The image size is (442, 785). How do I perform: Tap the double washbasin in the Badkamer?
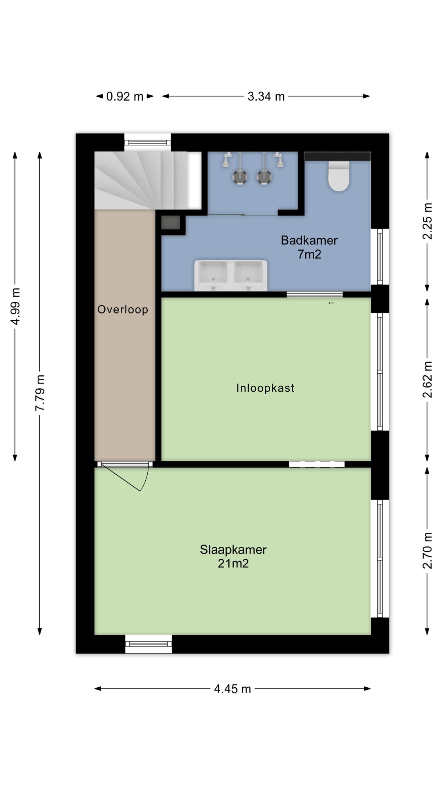pos(231,276)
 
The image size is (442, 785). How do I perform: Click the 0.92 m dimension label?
pos(125,96)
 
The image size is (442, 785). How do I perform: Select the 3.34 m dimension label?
pos(266,96)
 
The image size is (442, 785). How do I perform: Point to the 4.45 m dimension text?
pos(232,689)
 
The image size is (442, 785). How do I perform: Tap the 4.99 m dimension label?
pos(15,306)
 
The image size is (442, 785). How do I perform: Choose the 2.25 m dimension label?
pos(427,221)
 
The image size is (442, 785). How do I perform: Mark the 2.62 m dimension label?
pos(427,379)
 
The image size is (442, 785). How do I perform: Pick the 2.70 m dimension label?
pos(427,550)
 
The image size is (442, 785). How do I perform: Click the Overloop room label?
pos(123,310)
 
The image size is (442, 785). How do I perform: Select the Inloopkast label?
pos(265,388)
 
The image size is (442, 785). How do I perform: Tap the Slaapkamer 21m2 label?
pos(233,556)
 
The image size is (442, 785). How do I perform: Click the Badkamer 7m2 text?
pos(309,247)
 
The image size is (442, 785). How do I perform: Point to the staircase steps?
pos(139,180)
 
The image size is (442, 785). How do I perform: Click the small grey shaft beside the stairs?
pos(170,223)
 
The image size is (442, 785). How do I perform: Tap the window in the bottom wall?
pos(148,644)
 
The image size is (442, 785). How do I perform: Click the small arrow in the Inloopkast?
pos(331,303)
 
